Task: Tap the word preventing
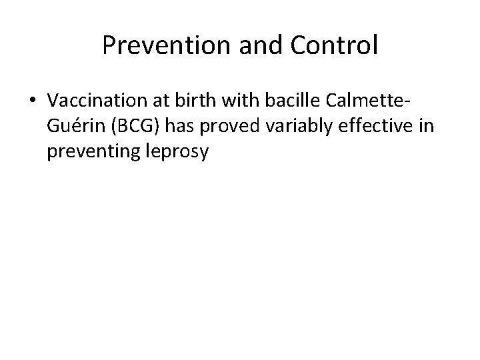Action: (93, 152)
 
